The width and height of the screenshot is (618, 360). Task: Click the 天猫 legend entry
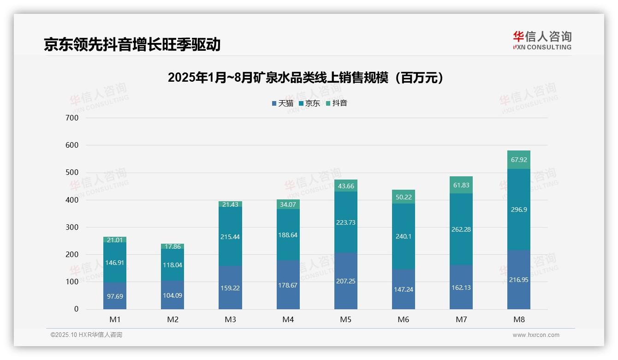[x=283, y=103]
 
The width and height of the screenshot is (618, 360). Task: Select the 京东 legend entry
[x=309, y=103]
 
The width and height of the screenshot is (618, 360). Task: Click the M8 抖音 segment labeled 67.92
[x=519, y=160]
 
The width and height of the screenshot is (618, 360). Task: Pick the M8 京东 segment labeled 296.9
[x=519, y=210]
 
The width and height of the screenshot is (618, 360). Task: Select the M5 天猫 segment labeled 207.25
[x=346, y=281]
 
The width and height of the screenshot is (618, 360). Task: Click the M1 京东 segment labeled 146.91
[x=115, y=263]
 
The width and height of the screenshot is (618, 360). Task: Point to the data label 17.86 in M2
[x=172, y=246]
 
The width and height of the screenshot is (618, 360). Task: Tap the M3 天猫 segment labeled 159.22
[x=230, y=288]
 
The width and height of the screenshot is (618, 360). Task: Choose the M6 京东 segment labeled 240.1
[x=404, y=236]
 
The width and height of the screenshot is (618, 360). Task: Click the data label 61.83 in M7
[x=461, y=185]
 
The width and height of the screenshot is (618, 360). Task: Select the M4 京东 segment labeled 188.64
[x=288, y=234]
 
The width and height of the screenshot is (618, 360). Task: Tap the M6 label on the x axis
[x=404, y=319]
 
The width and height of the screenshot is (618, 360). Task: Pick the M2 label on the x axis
[x=172, y=319]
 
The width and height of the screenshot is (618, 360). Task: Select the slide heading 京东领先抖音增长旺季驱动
[x=132, y=44]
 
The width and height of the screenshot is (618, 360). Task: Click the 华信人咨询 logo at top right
[x=542, y=40]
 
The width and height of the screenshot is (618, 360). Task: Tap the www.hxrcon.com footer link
[x=536, y=335]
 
